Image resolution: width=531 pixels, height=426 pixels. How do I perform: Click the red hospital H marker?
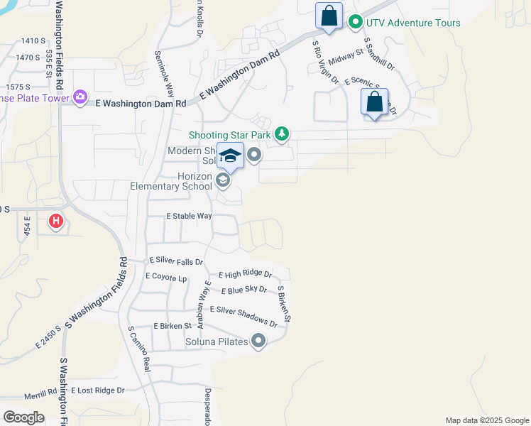coord(55,222)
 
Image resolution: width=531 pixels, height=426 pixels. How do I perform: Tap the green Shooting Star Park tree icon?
coord(283,133)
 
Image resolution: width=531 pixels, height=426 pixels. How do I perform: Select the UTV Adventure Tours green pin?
coord(355,23)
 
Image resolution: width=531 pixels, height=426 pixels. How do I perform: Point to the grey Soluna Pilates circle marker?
coord(258,342)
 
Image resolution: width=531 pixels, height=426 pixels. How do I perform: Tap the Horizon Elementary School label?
coord(171,181)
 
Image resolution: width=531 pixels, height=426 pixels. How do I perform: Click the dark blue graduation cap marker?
coord(230,155)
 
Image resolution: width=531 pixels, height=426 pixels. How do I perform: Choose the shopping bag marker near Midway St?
coord(329,16)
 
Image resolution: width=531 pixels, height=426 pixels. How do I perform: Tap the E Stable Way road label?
coord(189,216)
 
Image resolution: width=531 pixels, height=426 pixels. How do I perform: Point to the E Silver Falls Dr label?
coord(176,261)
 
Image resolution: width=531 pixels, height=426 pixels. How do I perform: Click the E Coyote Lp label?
coord(166,277)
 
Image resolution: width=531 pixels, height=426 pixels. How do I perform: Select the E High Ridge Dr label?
coord(245,274)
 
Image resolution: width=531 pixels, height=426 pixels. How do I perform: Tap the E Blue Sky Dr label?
coord(243,290)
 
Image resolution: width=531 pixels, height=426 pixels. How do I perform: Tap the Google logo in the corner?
coord(23,417)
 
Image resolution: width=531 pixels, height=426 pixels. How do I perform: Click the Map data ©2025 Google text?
coord(487,420)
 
